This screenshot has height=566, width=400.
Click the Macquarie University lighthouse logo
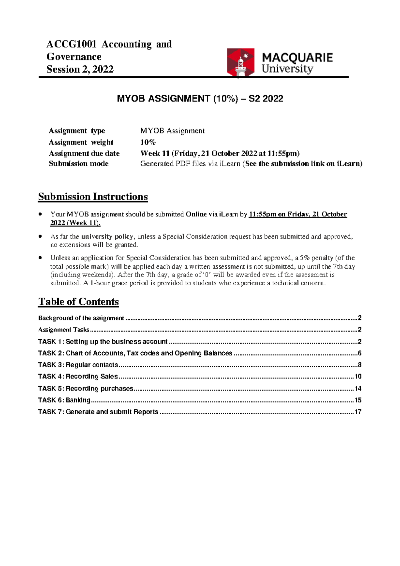[x=240, y=62]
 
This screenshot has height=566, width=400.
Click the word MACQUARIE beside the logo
[x=297, y=57]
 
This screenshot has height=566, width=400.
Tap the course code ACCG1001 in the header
[x=71, y=44]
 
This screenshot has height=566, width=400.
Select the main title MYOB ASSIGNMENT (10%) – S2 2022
[x=200, y=98]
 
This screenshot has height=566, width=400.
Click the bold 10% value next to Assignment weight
[x=148, y=142]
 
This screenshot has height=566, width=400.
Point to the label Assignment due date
[x=84, y=153]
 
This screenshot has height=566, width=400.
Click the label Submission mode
[x=79, y=164]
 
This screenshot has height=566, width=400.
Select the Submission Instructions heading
[x=93, y=197]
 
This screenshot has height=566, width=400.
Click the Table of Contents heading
[x=78, y=302]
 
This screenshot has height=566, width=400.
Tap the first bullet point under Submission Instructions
[x=40, y=214]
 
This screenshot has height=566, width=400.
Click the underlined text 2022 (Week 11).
[x=75, y=223]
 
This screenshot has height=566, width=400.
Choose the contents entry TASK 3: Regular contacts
[x=78, y=365]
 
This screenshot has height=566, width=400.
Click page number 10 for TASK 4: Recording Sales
[x=358, y=376]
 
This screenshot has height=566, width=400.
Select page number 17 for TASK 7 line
[x=358, y=412]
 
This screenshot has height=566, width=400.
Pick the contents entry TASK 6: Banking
[x=64, y=400]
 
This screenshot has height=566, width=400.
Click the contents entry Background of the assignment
[x=81, y=318]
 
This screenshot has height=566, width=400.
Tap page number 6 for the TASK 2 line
[x=359, y=353]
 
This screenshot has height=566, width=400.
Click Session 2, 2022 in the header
[x=80, y=69]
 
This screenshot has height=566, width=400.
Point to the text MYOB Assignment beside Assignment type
[x=172, y=130]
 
